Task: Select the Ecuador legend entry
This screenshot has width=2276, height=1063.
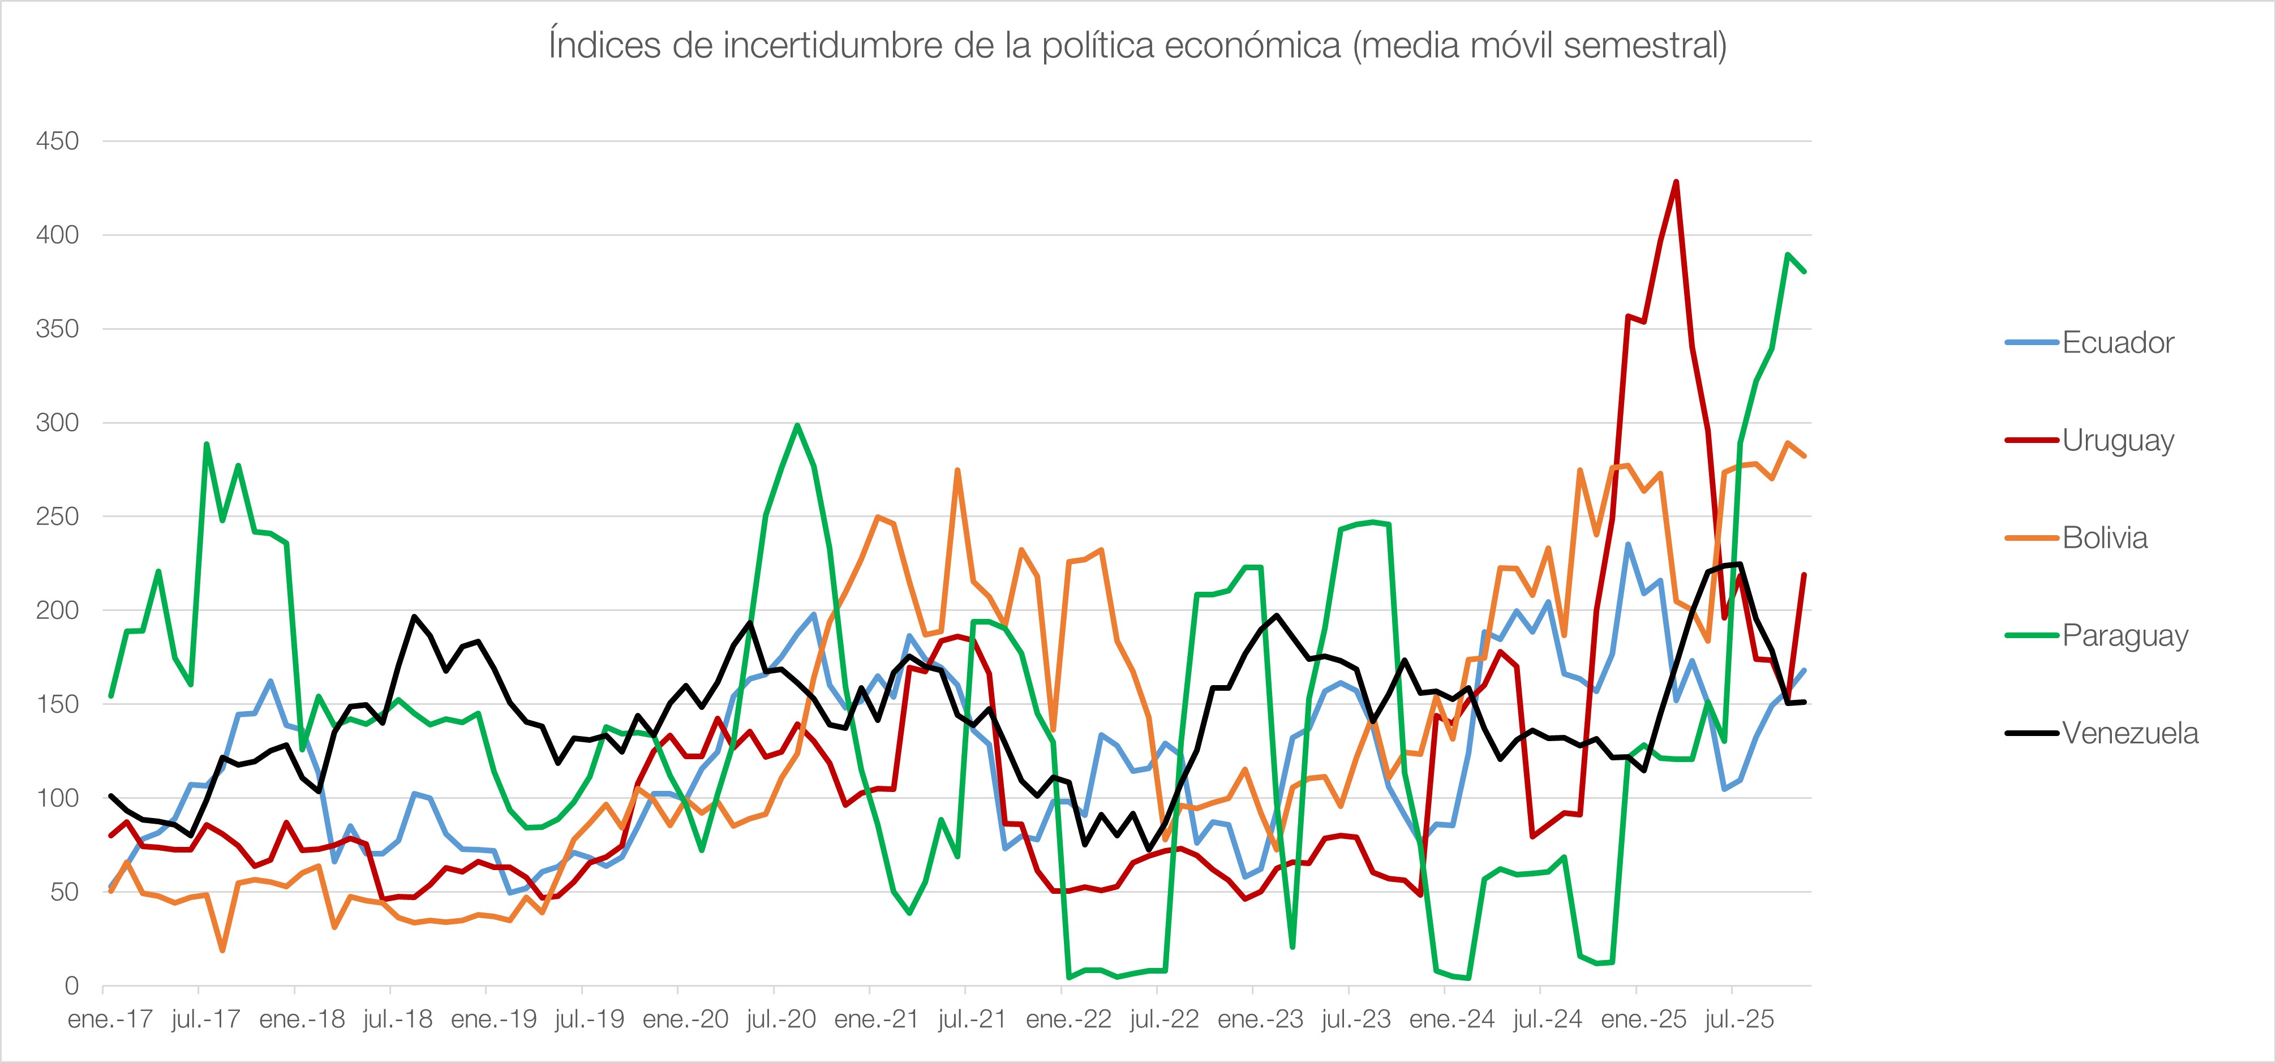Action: point(2117,343)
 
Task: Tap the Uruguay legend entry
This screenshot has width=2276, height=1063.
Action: point(2117,440)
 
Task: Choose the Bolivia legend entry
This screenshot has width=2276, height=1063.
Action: point(2104,538)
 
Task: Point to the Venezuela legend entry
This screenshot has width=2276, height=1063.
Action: point(2129,733)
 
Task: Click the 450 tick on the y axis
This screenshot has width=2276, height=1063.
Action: point(57,141)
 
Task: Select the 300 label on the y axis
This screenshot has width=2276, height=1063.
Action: point(57,423)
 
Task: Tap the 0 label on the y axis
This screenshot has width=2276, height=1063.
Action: point(71,985)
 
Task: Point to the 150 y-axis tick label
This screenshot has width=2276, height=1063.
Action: point(57,704)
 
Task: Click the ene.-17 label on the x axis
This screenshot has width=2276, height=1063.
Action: point(110,1019)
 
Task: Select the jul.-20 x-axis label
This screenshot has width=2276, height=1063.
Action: point(781,1019)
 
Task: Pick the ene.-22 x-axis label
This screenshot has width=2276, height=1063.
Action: point(1068,1019)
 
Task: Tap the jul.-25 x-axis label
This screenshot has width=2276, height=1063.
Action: point(1739,1019)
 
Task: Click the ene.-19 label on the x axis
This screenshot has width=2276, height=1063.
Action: point(494,1019)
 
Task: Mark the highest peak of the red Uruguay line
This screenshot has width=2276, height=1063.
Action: point(1676,182)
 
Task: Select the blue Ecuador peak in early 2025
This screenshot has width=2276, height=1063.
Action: point(1627,544)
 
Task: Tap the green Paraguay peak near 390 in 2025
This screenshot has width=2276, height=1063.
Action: point(1788,255)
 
